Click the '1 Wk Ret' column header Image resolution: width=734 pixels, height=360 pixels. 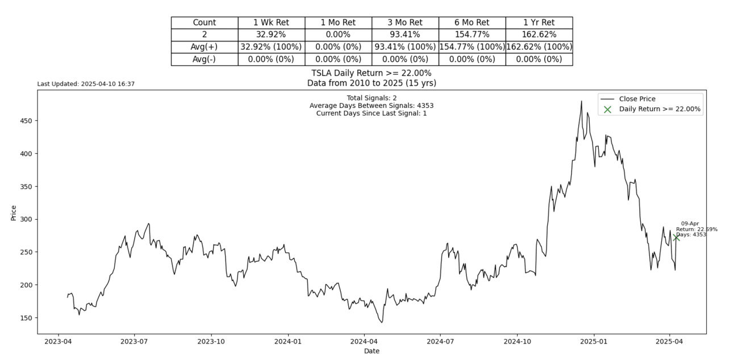click(x=271, y=23)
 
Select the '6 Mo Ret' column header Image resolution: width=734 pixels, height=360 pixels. click(x=472, y=23)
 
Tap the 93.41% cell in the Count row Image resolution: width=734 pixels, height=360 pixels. click(x=405, y=35)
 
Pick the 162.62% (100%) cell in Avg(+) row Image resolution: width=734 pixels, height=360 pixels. click(x=539, y=47)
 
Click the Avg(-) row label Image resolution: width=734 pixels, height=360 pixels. click(x=205, y=59)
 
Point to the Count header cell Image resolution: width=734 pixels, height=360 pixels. click(x=205, y=23)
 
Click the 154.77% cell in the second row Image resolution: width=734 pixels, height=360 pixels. click(x=472, y=35)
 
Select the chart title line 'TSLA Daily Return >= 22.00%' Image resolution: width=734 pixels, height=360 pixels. click(x=372, y=73)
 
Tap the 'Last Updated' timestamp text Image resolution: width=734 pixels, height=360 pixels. click(x=86, y=84)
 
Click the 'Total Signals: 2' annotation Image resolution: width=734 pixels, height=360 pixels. click(x=372, y=98)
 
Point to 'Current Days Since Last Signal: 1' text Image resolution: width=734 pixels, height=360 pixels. click(x=372, y=113)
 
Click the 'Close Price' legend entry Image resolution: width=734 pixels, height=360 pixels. click(x=637, y=99)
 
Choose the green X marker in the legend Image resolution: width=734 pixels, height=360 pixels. click(x=607, y=109)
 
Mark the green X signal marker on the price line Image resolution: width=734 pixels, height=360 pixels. click(x=676, y=237)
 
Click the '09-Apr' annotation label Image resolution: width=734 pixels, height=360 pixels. click(x=690, y=224)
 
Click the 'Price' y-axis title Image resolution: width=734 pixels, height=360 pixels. click(x=14, y=212)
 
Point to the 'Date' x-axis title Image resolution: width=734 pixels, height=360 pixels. click(x=372, y=351)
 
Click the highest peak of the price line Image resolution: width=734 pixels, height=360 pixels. click(x=581, y=101)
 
